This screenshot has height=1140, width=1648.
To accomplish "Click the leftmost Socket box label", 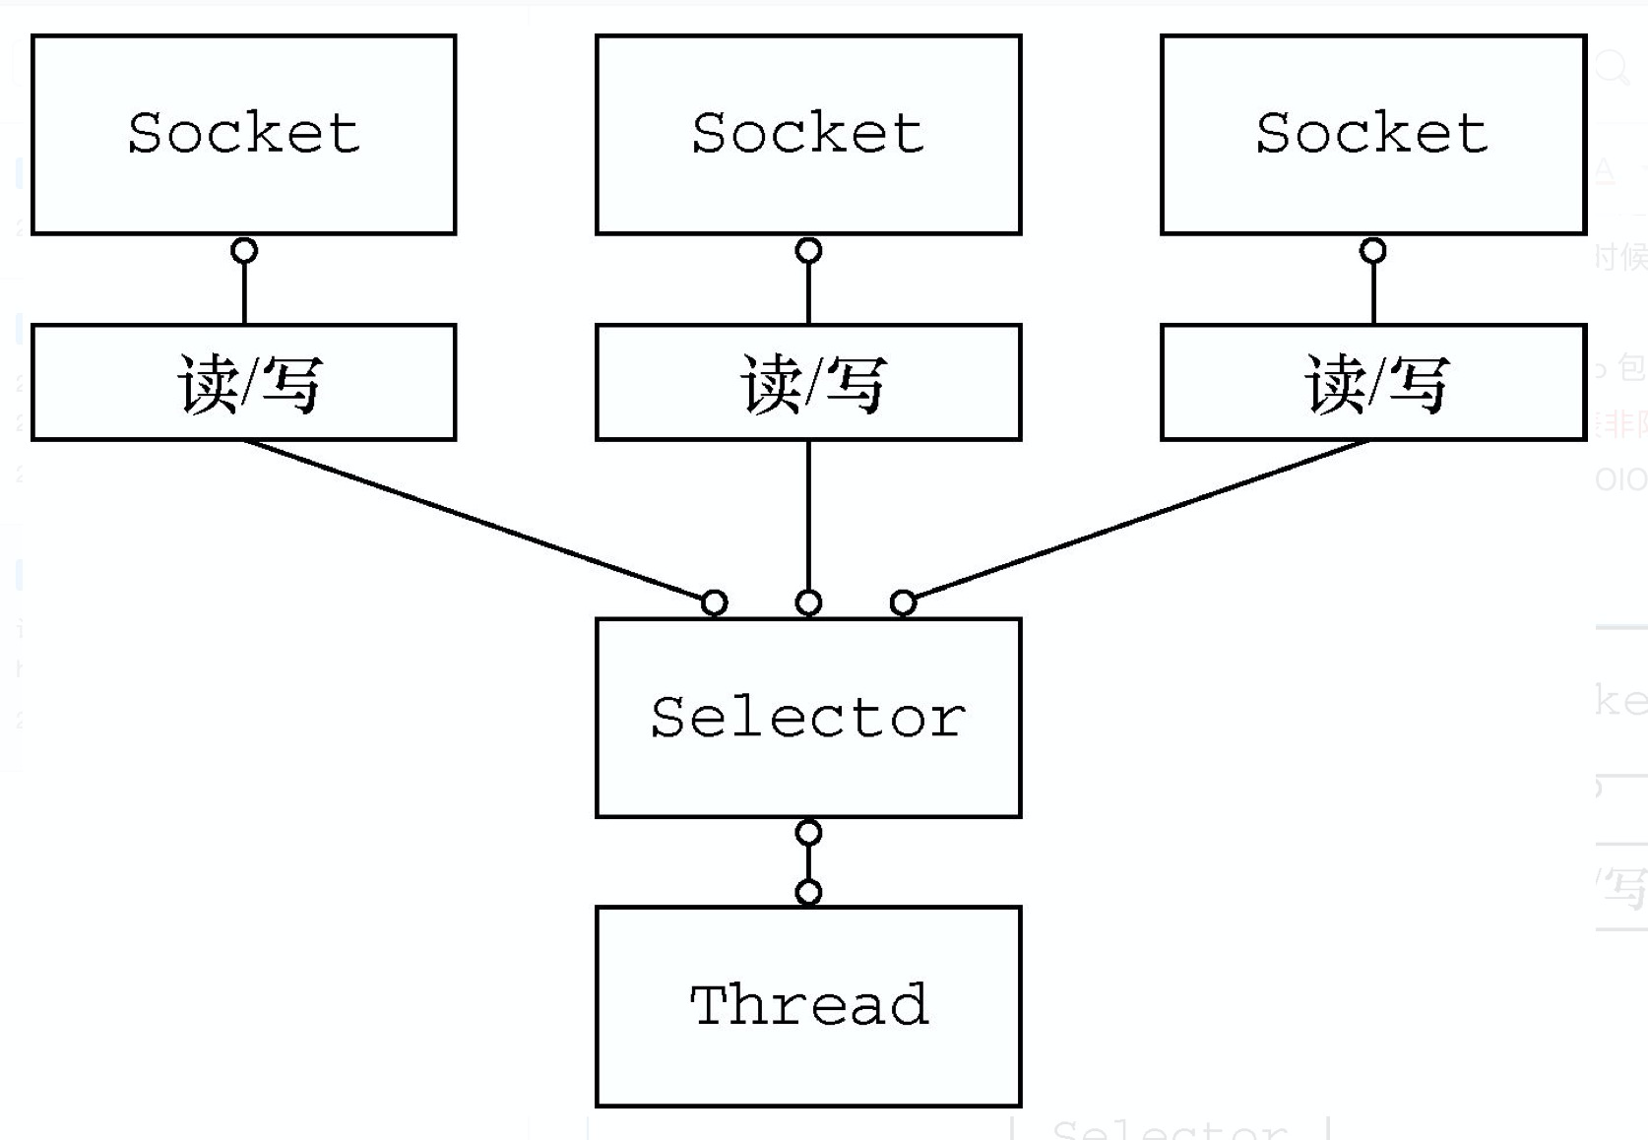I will (243, 133).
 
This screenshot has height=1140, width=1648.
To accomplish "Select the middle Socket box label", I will (807, 133).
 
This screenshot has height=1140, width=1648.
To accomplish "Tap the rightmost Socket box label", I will (1371, 133).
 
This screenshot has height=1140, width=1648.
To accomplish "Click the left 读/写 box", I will (243, 383).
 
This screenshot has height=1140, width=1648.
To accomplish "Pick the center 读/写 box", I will (808, 383).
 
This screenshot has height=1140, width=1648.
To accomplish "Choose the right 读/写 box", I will (1373, 383).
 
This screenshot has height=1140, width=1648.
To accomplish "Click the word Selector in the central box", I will (807, 717).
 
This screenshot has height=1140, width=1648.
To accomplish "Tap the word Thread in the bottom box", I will (808, 1005).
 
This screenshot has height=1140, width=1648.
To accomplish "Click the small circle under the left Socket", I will (244, 251).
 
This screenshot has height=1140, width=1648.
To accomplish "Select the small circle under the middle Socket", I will (808, 251).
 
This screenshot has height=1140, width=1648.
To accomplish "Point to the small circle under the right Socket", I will (1373, 251).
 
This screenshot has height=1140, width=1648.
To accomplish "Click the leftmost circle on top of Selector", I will (715, 602).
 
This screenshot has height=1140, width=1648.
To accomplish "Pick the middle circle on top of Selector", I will (808, 602).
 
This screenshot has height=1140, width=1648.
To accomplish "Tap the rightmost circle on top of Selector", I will (903, 602).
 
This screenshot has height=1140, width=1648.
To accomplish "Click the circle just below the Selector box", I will (808, 833).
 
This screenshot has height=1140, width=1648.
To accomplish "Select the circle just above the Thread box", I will (808, 893).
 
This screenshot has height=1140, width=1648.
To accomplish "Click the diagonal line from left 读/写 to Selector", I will (473, 519).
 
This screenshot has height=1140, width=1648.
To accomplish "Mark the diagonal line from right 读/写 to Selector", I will (1142, 519).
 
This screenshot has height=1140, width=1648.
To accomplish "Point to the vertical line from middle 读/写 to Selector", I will (808, 517).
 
